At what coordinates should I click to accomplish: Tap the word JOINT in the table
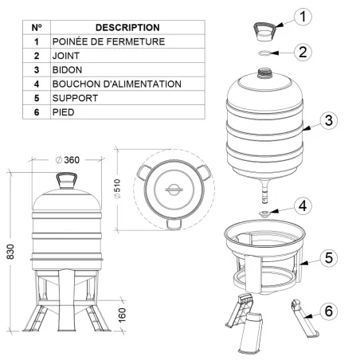[x=68, y=56]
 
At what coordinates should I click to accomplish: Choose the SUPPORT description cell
[x=76, y=98]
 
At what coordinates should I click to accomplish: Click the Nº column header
[x=36, y=27]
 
